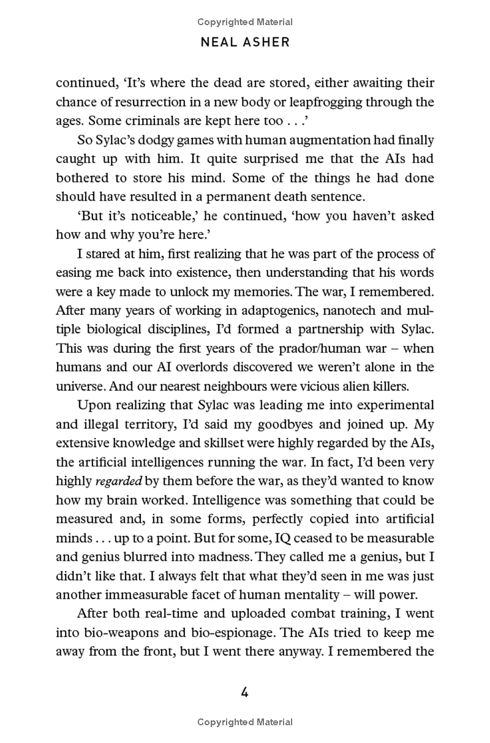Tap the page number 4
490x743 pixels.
coord(244,693)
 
